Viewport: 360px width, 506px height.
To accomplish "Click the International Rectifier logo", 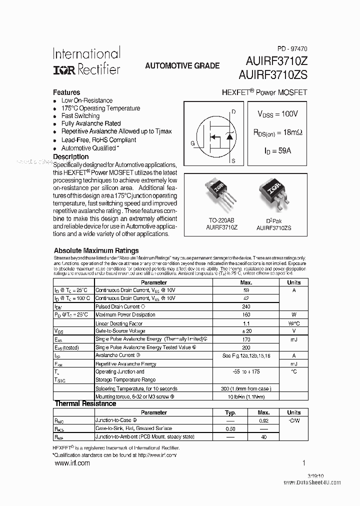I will pos(86,61).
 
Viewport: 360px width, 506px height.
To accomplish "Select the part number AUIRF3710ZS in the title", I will pos(276,74).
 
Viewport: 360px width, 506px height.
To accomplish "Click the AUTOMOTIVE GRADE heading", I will pos(182,66).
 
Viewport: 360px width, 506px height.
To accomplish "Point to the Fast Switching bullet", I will pos(80,116).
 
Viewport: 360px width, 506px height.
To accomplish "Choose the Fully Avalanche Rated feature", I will pos(90,123).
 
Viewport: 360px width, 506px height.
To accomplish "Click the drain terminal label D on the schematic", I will pos(233,111).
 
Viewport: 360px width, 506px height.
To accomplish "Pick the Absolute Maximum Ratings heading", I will pos(96,250).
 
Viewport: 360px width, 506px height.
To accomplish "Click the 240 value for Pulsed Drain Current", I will pos(245,306).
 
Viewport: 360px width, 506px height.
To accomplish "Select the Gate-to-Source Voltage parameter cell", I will pos(120,331).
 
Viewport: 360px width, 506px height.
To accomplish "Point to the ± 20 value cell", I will pos(245,331).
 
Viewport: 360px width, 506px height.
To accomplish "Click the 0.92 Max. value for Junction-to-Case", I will pos(263,421).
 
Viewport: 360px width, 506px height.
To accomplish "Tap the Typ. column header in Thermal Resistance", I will pos(230,412).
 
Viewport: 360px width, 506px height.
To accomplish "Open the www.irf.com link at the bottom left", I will pos(71,463).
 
